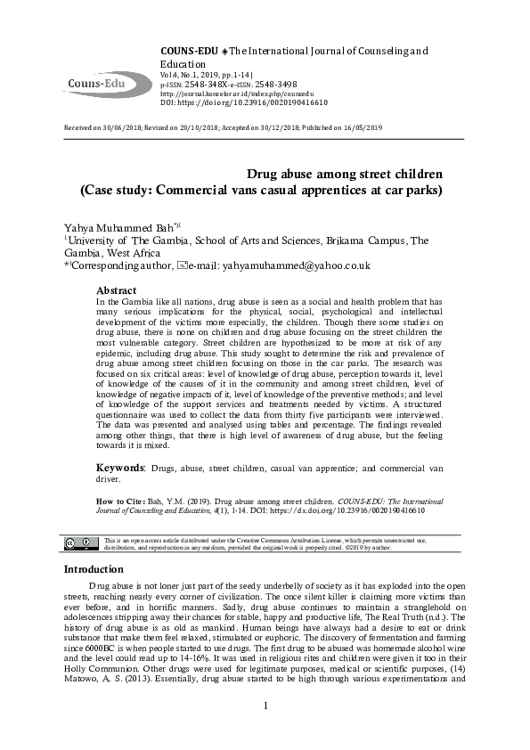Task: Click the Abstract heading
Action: (117, 291)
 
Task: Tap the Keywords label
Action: (120, 467)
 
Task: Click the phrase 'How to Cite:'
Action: (118, 501)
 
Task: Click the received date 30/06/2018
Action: (125, 128)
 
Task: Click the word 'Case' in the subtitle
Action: (99, 189)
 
